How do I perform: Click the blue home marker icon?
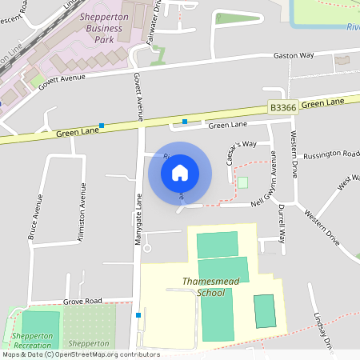(180, 173)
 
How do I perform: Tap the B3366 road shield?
(283, 106)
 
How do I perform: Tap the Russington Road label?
(332, 155)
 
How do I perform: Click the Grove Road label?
(83, 301)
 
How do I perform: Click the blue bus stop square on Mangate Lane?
(138, 315)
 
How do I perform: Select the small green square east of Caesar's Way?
(242, 183)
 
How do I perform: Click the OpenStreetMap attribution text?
(80, 354)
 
